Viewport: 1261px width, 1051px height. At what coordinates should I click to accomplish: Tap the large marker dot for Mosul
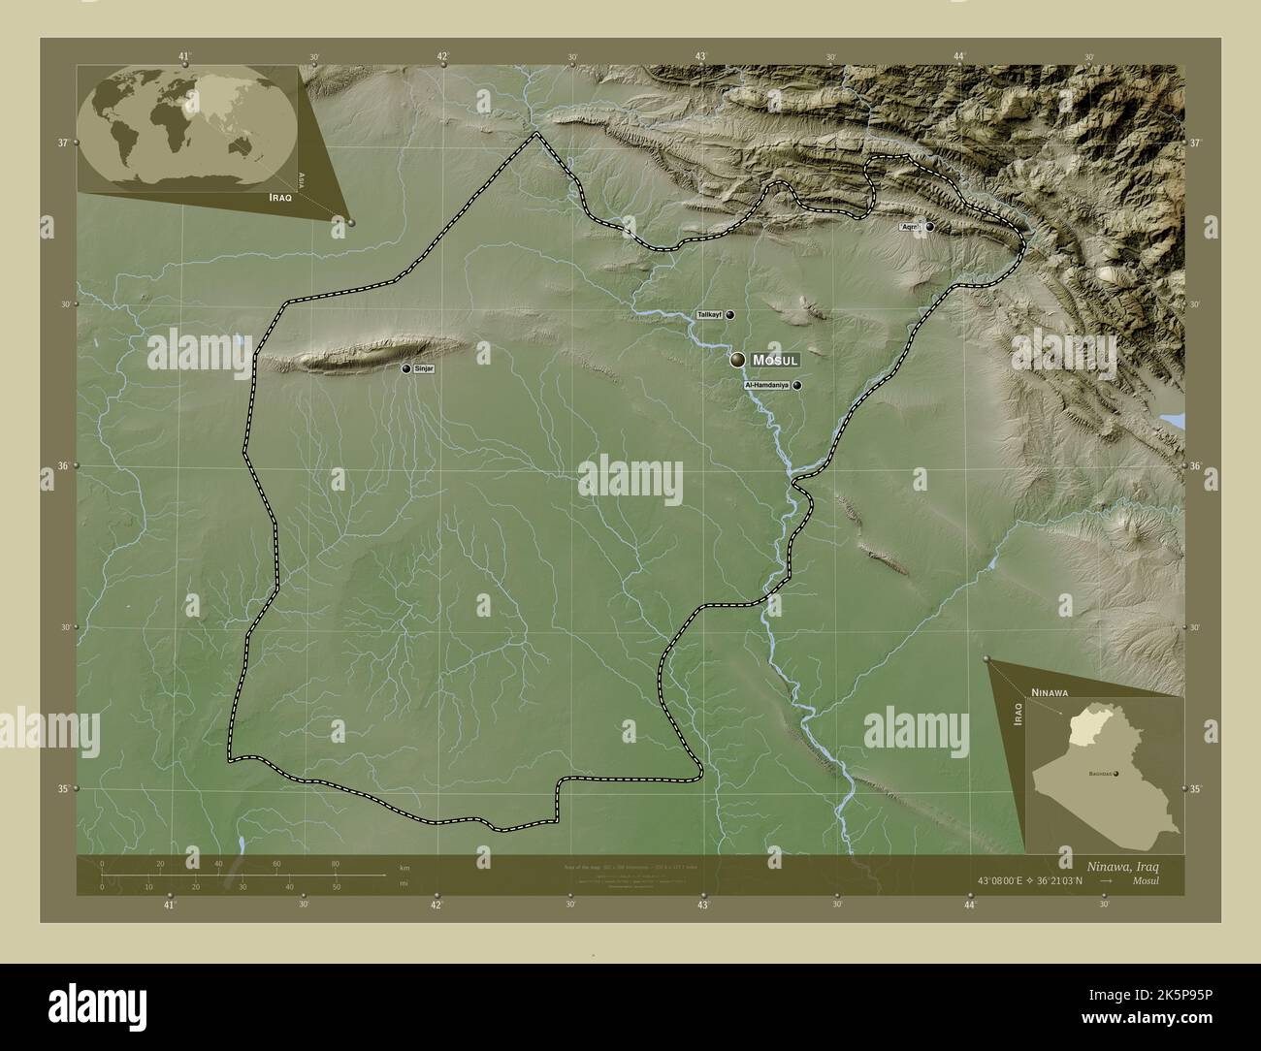tap(738, 360)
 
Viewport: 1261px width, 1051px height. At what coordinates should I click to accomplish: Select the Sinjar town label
tap(424, 369)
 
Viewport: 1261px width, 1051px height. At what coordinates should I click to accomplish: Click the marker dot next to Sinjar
tap(406, 368)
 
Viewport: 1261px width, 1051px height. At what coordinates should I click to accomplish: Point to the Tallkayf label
tap(710, 315)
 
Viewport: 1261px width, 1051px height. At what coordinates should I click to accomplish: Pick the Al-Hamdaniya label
tap(766, 386)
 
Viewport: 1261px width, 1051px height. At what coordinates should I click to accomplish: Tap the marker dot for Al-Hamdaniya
tap(797, 385)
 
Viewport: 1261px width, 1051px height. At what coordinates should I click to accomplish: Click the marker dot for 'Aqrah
tap(929, 227)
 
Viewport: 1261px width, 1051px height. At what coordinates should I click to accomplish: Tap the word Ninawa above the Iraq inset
tap(1050, 693)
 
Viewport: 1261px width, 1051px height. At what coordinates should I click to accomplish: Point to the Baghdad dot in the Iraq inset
tap(1116, 774)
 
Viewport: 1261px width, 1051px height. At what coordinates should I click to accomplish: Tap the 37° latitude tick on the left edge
tap(63, 143)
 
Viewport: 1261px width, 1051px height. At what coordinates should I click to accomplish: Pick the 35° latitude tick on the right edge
tap(1197, 789)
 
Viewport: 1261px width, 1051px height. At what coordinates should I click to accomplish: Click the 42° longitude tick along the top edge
tap(442, 56)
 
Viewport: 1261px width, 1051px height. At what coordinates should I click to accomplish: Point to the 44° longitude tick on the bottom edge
tap(970, 904)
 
